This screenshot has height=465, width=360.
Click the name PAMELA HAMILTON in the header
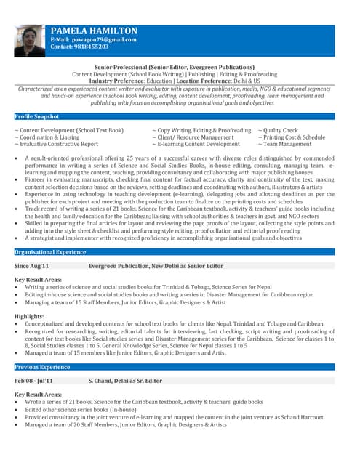pyautogui.click(x=93, y=31)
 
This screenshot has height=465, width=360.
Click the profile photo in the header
pyautogui.click(x=29, y=41)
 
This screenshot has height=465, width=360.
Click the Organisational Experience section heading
pyautogui.click(x=50, y=251)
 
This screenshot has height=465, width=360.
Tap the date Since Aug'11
pyautogui.click(x=32, y=267)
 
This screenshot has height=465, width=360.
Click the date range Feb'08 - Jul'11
pyautogui.click(x=33, y=381)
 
